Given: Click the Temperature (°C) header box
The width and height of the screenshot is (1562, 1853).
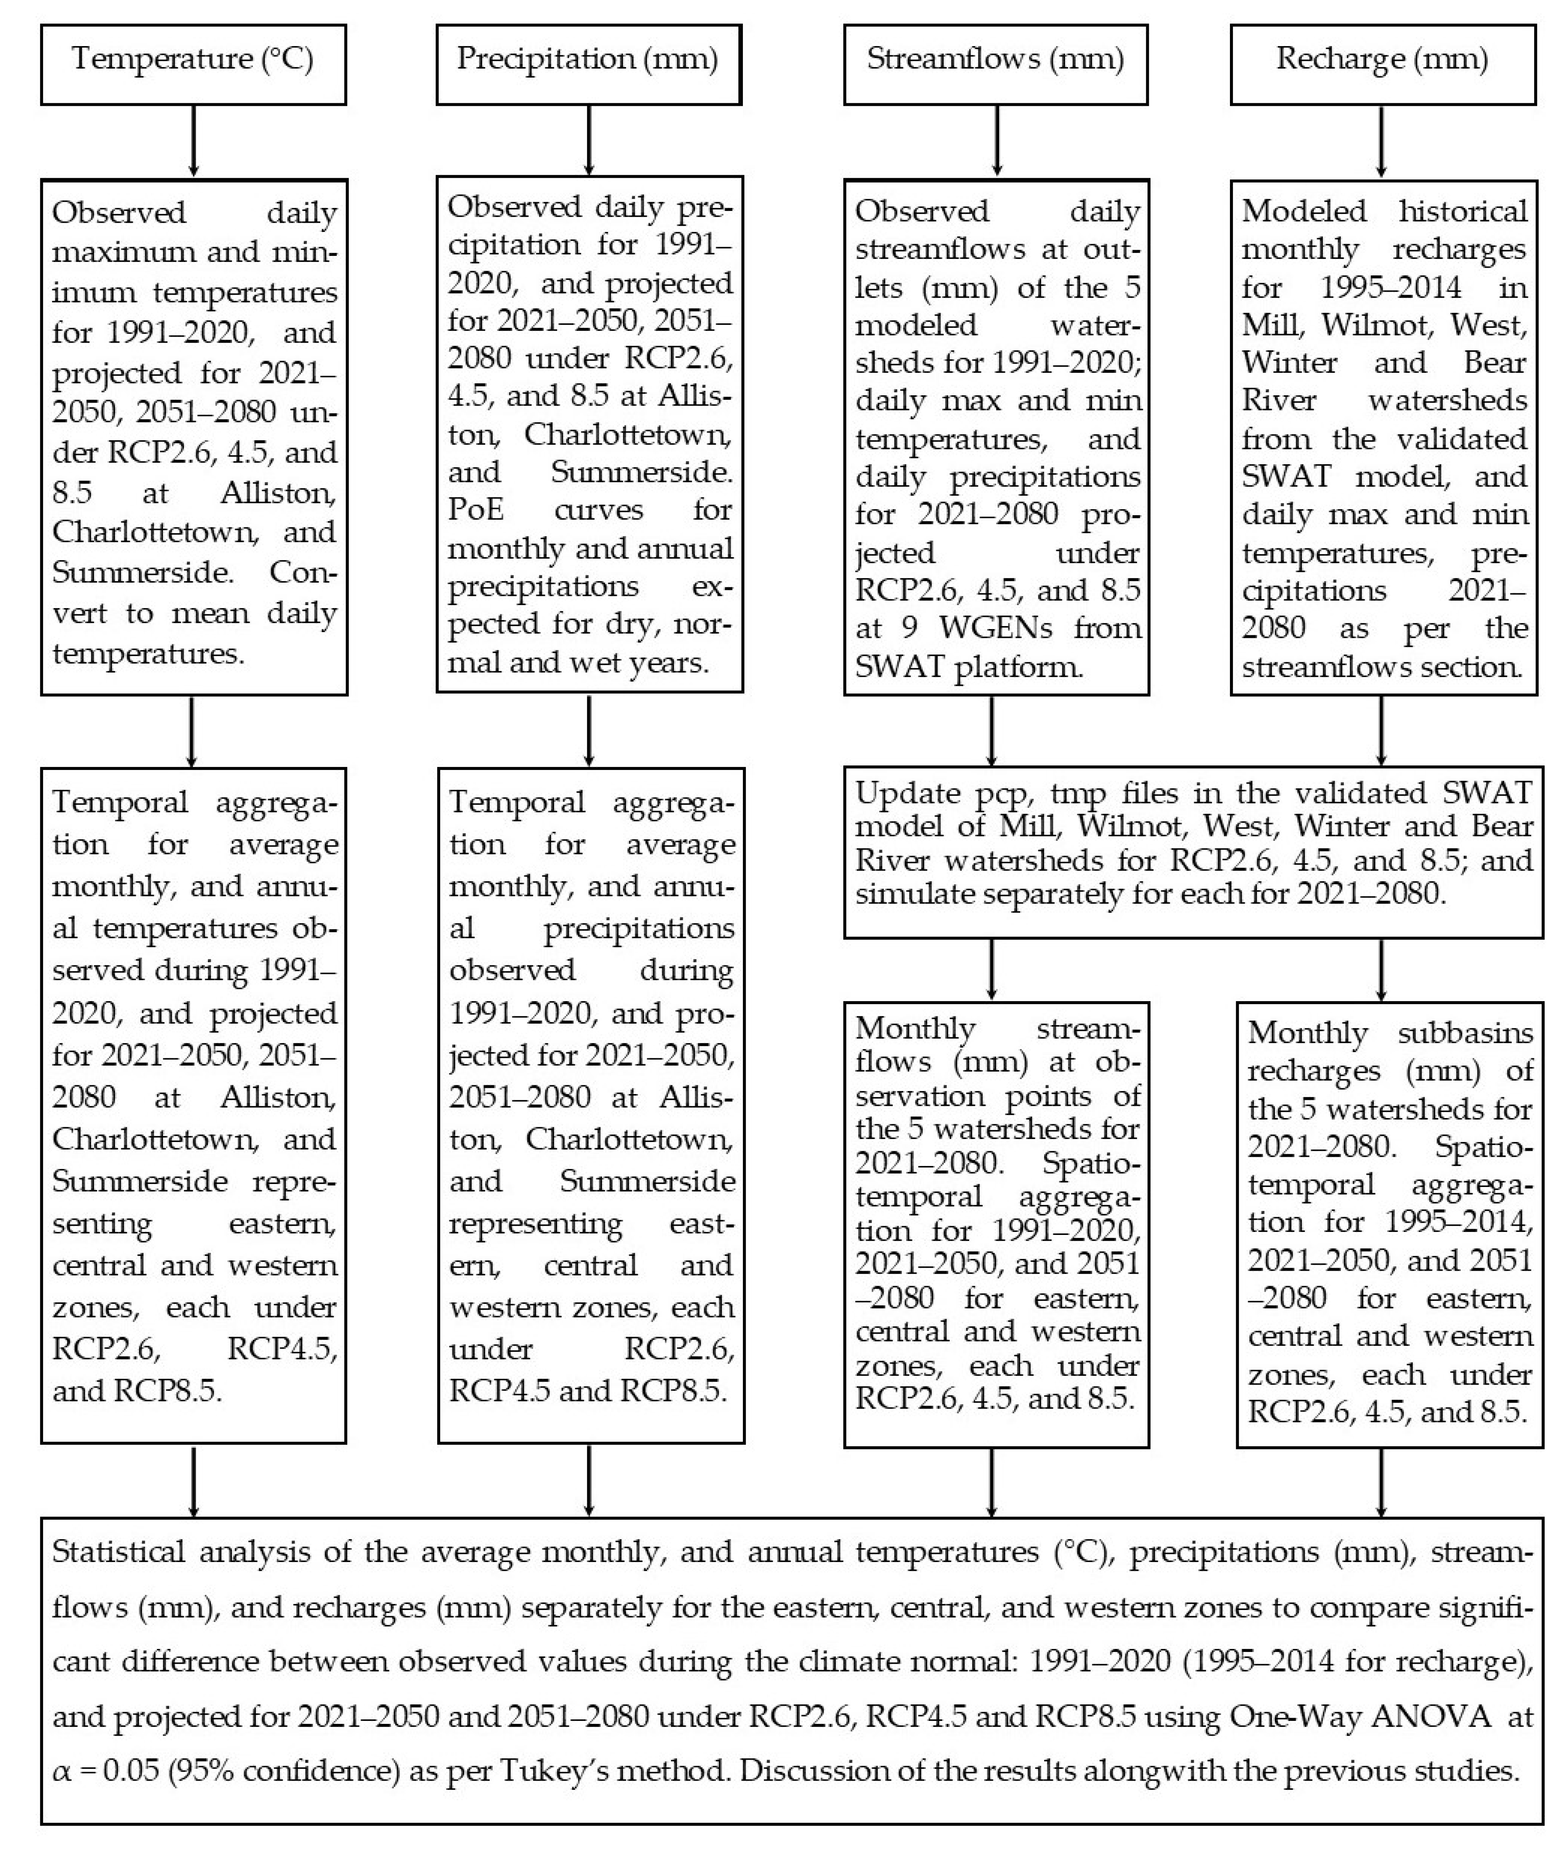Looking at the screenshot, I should [x=193, y=64].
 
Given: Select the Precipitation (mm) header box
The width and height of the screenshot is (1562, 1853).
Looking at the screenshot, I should [x=588, y=64].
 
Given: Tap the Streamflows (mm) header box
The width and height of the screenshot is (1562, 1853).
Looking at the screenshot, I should [x=995, y=64].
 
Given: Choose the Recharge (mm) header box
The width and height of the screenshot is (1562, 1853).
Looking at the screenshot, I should [x=1382, y=64].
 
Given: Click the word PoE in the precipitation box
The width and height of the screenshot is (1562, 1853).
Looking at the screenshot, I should [x=474, y=510].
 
